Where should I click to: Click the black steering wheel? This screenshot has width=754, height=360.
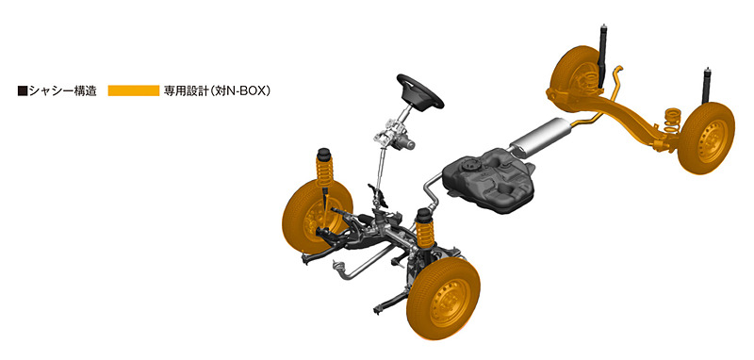419,90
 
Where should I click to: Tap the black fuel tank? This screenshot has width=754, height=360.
488,179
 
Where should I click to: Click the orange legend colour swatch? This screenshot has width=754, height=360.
133,90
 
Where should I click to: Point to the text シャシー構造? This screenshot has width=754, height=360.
62,90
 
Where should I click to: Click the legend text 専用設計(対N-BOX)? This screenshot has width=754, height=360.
217,90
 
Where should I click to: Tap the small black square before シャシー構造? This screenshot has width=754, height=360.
22,90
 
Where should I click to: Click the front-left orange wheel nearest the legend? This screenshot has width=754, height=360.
317,217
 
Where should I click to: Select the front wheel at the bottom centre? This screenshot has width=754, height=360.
443,299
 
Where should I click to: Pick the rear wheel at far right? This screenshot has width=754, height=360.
706,138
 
